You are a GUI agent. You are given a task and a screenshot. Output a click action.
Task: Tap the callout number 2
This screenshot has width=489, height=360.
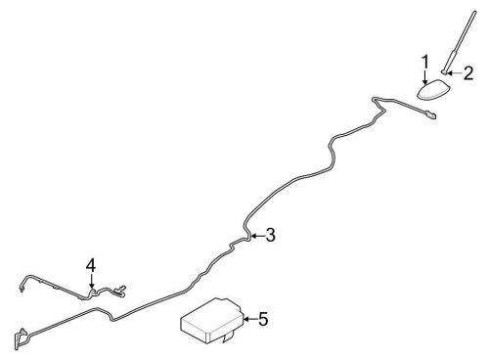click(x=467, y=72)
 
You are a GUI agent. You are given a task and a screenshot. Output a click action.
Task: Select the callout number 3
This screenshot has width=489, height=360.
click(x=270, y=234)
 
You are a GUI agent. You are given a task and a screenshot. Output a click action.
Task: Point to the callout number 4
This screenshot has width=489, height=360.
click(x=91, y=265)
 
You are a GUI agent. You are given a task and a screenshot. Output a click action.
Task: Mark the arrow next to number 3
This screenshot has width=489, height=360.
click(x=255, y=235)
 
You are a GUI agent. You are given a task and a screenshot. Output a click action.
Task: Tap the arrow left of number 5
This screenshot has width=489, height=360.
click(x=246, y=318)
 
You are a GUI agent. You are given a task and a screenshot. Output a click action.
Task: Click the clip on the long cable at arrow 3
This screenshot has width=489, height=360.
click(x=245, y=236)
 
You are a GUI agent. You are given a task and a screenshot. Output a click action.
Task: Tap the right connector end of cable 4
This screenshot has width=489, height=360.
click(x=125, y=290)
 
